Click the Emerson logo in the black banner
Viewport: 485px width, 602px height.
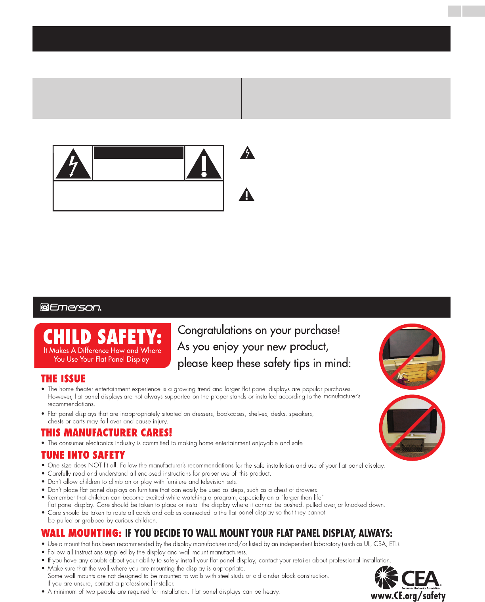point(71,307)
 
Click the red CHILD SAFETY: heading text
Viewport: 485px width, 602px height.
point(102,337)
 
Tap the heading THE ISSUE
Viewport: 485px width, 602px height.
point(63,379)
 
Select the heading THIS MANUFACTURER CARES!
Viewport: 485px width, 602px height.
point(107,432)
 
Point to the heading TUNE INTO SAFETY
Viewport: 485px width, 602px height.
point(83,455)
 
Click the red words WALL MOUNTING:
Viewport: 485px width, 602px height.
point(81,533)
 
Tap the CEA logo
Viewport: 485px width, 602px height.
point(408,578)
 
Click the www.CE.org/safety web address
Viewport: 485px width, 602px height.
point(408,596)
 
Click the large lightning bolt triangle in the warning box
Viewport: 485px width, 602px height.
point(73,164)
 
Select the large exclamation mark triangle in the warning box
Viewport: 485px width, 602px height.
point(204,164)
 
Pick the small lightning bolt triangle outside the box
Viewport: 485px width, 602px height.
point(247,153)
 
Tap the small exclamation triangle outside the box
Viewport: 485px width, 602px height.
point(246,194)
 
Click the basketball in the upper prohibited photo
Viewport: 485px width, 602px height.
point(432,374)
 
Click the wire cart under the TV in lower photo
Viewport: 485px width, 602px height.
point(412,448)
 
